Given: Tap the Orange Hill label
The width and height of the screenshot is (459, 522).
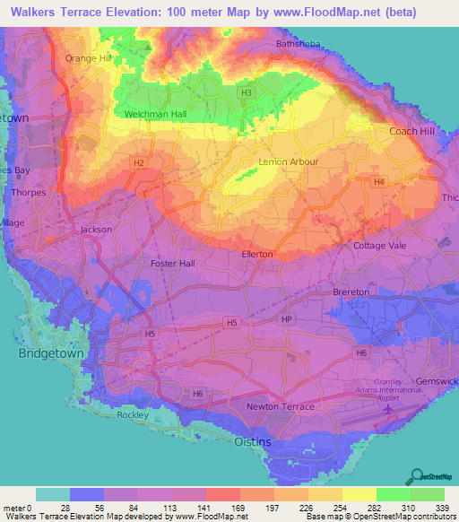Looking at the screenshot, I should pyautogui.click(x=86, y=58).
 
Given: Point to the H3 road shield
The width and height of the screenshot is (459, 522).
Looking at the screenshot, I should pyautogui.click(x=246, y=92).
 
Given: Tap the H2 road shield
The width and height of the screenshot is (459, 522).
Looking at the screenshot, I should pyautogui.click(x=139, y=162).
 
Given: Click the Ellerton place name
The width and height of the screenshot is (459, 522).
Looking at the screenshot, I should pyautogui.click(x=257, y=255).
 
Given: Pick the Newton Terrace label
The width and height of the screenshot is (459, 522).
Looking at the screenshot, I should pyautogui.click(x=281, y=406).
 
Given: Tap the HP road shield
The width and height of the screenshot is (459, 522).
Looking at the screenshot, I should pyautogui.click(x=287, y=320).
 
